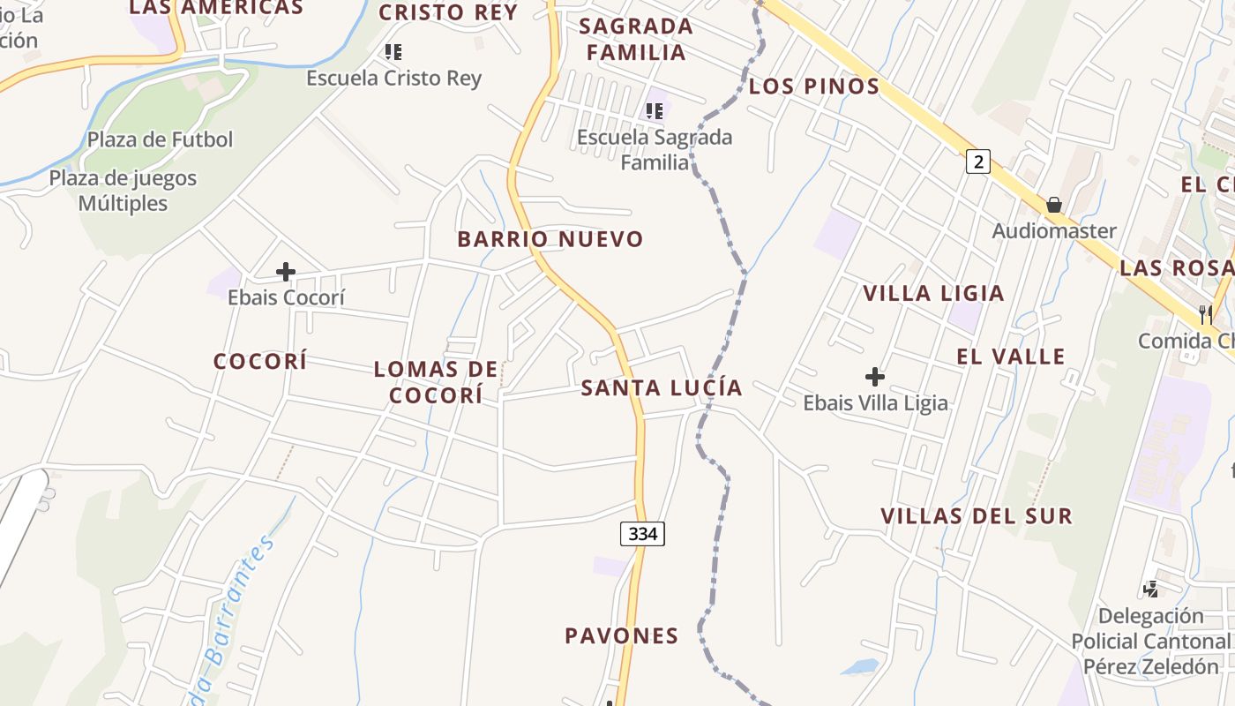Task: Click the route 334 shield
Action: tap(642, 533)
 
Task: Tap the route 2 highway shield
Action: tap(977, 161)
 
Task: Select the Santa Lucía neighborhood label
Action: tap(662, 387)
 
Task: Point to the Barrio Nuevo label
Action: tap(550, 239)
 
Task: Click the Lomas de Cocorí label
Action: tap(437, 382)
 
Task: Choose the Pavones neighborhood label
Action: tap(622, 635)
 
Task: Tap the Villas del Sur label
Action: tap(977, 515)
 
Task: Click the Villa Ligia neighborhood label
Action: tap(933, 293)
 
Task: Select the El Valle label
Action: tap(1011, 357)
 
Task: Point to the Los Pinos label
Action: tap(814, 86)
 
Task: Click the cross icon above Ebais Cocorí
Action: tap(286, 272)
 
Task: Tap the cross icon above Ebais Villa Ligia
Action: tap(874, 378)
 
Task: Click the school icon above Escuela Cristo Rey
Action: tap(393, 52)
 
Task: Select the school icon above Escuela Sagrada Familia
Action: tap(654, 111)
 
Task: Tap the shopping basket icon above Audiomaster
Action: tap(1053, 206)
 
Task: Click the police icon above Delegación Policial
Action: tap(1150, 589)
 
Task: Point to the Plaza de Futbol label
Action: tap(160, 139)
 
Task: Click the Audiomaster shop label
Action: tap(1054, 231)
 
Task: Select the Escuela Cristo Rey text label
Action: tap(393, 78)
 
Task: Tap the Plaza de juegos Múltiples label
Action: tap(123, 191)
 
